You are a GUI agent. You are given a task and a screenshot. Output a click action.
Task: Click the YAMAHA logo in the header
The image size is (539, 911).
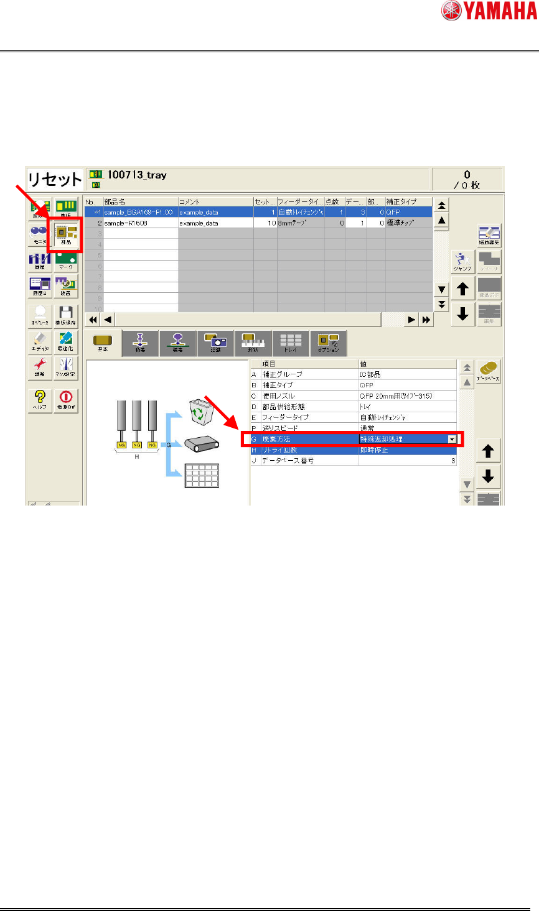[x=489, y=11]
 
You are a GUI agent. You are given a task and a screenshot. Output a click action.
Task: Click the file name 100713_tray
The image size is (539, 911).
[x=137, y=175]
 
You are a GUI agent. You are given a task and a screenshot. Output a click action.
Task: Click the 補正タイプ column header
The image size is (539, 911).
[x=401, y=201]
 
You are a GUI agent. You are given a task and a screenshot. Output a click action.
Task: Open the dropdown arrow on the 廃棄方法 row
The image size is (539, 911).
[x=452, y=439]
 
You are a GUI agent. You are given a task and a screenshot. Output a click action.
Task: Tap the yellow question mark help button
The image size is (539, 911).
[x=40, y=398]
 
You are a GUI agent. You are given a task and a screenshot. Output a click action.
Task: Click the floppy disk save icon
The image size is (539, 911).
[x=65, y=314]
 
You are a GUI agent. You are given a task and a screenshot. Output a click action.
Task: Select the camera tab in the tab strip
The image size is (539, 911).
[x=215, y=343]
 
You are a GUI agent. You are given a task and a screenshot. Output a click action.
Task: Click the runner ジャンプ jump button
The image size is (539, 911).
[x=462, y=262]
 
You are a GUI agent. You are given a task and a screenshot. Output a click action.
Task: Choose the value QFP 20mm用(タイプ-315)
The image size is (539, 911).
[x=396, y=396]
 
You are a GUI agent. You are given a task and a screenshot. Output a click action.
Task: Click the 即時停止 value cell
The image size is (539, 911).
[x=374, y=450]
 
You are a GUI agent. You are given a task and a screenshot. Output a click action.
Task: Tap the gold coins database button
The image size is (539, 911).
[x=489, y=371]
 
